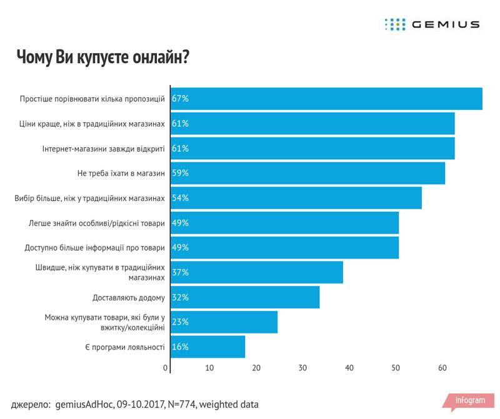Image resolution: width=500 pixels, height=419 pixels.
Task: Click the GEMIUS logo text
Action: point(445,24)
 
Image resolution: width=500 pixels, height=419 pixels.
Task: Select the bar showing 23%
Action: point(224,322)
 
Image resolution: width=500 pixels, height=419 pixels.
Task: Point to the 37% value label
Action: point(181,272)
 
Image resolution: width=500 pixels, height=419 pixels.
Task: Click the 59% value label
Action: point(181,173)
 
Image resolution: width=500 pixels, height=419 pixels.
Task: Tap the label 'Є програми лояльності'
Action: point(124,347)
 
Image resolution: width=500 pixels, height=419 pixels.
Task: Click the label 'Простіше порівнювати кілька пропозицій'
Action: point(92,99)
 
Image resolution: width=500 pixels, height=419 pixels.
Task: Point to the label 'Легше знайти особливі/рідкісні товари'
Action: point(97,223)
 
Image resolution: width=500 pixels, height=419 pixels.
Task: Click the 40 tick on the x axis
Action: point(349,368)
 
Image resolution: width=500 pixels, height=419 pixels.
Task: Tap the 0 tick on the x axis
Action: point(166,368)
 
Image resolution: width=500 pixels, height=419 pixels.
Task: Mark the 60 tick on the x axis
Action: point(441,368)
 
